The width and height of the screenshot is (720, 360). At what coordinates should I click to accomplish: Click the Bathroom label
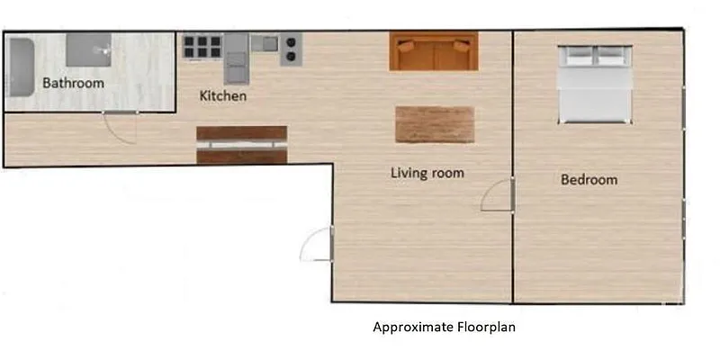click(x=73, y=83)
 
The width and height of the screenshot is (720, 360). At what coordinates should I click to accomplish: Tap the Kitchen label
click(x=222, y=95)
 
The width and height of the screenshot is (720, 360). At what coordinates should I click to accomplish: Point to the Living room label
click(x=427, y=172)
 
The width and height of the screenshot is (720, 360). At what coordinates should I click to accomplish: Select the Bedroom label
click(x=589, y=180)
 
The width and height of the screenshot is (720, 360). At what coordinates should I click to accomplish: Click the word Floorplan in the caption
click(x=484, y=328)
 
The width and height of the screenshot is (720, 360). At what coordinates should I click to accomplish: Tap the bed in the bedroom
click(x=594, y=85)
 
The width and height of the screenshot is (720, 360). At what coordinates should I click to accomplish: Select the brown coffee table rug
click(x=434, y=124)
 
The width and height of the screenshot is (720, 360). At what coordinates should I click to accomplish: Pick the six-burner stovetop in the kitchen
click(x=202, y=46)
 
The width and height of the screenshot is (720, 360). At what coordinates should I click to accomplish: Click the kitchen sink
click(x=265, y=42)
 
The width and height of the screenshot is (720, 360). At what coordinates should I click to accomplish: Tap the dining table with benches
click(x=241, y=145)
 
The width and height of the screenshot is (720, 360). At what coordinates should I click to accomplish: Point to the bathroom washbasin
click(x=88, y=49)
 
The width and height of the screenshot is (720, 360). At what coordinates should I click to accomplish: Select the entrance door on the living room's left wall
click(x=318, y=245)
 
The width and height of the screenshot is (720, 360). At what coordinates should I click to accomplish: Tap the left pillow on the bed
click(x=578, y=56)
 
